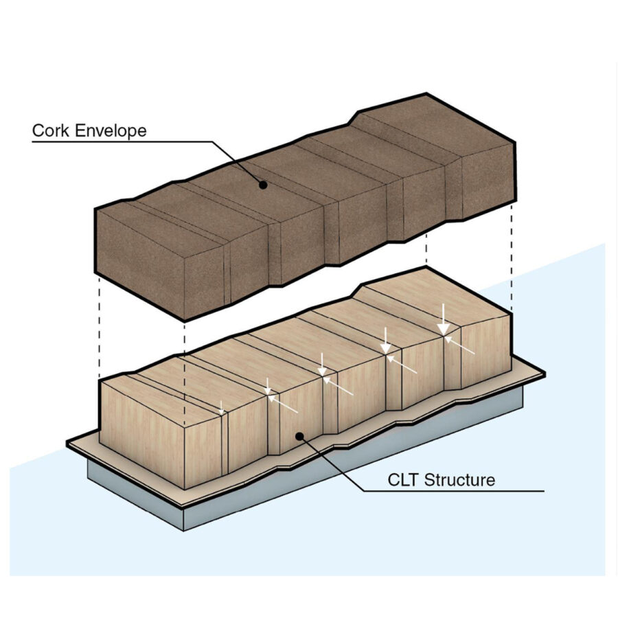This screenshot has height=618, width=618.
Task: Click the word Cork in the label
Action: pyautogui.click(x=51, y=130)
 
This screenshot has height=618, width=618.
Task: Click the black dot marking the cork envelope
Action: pyautogui.click(x=262, y=184)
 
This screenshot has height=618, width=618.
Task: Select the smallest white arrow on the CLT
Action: pyautogui.click(x=221, y=407)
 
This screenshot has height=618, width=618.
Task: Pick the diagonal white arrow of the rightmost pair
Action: pyautogui.click(x=461, y=345)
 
